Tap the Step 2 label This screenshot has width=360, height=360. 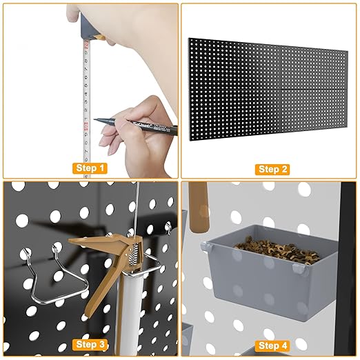pos(270,169)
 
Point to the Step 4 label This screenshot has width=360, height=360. pos(270,344)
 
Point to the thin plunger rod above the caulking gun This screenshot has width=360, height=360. pos(137,207)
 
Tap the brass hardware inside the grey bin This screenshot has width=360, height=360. pos(269,242)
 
